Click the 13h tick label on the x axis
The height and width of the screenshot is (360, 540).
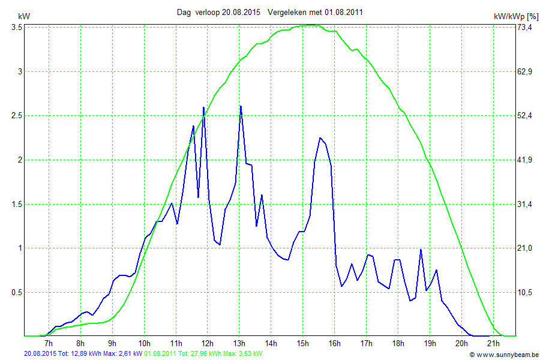coord(239,343)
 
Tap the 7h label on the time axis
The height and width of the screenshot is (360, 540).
coord(49,343)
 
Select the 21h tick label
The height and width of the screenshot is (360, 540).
coord(493,343)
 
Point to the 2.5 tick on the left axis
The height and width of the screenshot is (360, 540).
coord(14,115)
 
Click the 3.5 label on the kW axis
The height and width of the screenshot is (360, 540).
coord(14,28)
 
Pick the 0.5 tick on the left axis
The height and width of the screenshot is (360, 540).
coord(14,292)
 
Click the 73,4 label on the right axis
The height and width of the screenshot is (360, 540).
coord(526,28)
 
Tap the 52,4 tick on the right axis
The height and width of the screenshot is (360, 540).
coord(526,115)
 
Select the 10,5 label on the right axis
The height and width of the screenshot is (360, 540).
coord(526,292)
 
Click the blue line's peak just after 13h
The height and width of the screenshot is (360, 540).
coord(241,106)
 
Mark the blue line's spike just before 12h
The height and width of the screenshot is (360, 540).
coord(203,107)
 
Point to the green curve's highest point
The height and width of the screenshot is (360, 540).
coord(310,25)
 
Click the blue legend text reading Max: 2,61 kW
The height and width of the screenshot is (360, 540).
coord(123,354)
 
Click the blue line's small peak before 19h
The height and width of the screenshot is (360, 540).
coord(421,250)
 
